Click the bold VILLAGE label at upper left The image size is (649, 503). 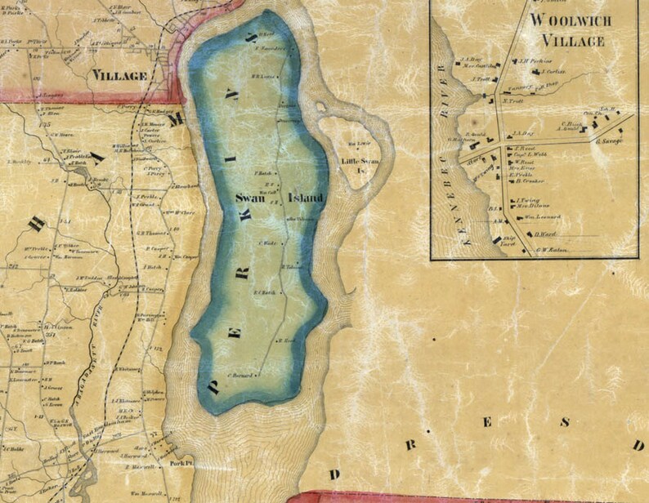pos(119,76)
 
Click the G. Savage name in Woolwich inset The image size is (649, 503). pos(611,140)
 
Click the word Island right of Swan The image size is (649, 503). pos(306,198)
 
